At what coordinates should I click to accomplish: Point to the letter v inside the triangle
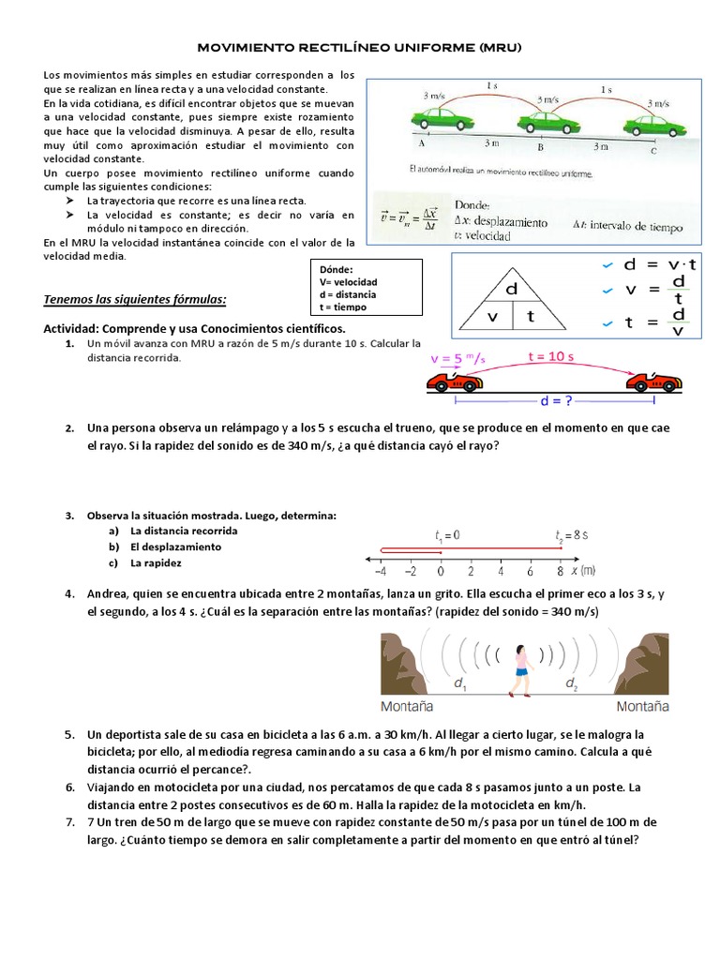[491, 316]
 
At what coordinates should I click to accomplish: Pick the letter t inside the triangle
[531, 316]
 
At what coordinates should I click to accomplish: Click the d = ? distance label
[557, 400]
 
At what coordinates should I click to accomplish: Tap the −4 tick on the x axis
[380, 570]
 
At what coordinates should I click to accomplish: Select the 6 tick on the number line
[531, 570]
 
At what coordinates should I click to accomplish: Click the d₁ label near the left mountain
[460, 685]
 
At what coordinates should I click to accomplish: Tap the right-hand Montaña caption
[642, 705]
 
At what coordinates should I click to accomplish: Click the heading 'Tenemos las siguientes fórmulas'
[135, 299]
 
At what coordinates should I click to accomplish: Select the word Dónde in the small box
[337, 268]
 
